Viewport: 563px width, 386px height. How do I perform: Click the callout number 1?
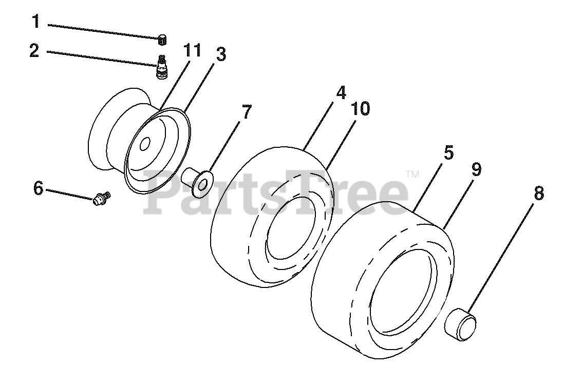pos(35,22)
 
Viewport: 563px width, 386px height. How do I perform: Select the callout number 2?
pos(35,51)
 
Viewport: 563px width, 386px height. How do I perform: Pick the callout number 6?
pos(39,188)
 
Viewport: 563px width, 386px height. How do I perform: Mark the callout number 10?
pos(361,109)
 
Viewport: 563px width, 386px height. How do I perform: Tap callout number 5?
pos(448,153)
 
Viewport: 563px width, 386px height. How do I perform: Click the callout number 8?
pos(538,194)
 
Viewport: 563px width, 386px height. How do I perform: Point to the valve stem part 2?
pos(162,67)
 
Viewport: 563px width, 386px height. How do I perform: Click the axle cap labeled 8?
pos(460,321)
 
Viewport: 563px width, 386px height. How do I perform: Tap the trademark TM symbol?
pos(411,175)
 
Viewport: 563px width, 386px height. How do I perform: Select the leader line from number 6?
pos(69,192)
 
